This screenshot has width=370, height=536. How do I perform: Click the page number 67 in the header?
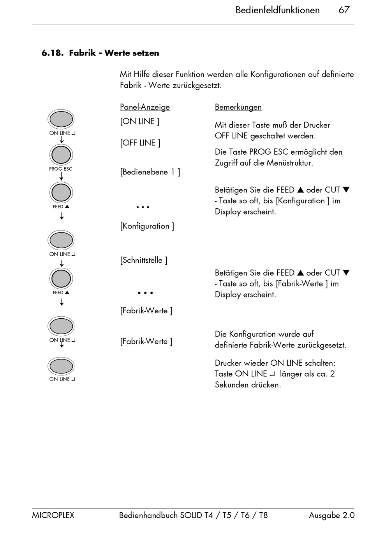[x=344, y=10]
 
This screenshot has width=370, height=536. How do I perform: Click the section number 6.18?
[x=52, y=53]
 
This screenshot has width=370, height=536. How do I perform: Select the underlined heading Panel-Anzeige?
[x=144, y=107]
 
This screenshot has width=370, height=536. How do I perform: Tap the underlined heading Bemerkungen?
[x=238, y=107]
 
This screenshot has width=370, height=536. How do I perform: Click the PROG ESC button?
[x=61, y=155]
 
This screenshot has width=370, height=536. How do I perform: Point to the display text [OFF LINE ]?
[x=140, y=143]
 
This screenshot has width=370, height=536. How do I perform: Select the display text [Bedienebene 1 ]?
[x=150, y=172]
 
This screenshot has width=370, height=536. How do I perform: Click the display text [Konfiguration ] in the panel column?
[x=147, y=226]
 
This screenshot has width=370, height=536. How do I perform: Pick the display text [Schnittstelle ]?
[x=144, y=260]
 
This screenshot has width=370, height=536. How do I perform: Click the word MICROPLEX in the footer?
[x=53, y=515]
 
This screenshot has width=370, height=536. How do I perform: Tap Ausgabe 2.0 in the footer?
[x=331, y=515]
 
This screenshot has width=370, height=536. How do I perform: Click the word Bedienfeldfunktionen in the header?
[x=277, y=10]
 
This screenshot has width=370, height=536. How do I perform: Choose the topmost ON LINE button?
[x=61, y=119]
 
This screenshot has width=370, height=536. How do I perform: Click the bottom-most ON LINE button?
[x=61, y=366]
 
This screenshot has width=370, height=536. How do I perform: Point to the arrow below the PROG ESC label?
[x=61, y=176]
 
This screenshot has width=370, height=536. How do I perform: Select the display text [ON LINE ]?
[x=139, y=121]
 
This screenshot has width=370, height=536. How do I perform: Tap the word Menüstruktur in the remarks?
[x=290, y=163]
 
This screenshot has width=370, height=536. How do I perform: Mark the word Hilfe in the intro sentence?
[x=142, y=74]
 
